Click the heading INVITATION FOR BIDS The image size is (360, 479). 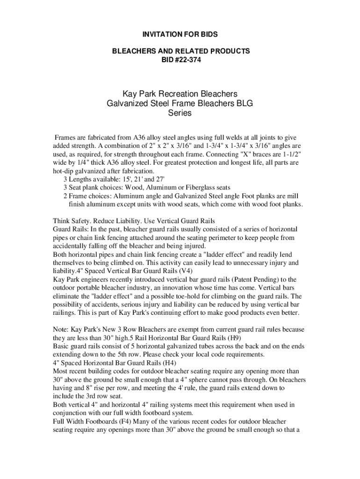(180, 35)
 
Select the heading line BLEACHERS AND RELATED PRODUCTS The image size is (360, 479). (180, 51)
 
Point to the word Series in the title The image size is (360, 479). (180, 113)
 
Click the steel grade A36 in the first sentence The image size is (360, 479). (140, 138)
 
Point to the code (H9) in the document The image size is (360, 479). (237, 338)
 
